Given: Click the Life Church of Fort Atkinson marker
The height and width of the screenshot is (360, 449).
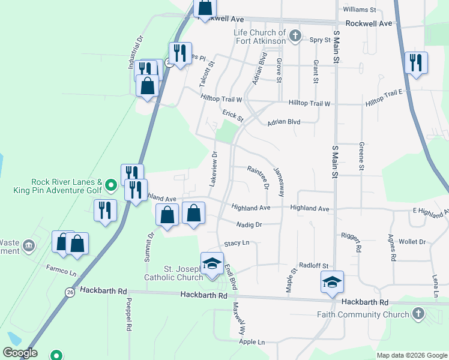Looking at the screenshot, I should (294, 36).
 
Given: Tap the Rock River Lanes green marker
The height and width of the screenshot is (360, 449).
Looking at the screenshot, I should (110, 184).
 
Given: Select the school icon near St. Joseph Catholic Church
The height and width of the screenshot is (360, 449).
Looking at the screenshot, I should (212, 264).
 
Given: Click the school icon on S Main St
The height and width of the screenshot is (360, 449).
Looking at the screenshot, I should (332, 282).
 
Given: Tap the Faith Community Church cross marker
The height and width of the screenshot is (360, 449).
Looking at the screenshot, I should (418, 314).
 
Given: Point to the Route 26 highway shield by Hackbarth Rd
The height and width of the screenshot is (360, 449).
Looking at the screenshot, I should (70, 292).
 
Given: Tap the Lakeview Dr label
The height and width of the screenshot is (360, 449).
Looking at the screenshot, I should (214, 169).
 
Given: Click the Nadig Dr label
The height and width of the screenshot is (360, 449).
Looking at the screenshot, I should (250, 225).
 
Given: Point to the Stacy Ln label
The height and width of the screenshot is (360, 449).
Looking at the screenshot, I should (237, 243).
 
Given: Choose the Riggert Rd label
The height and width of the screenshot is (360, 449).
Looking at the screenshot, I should (358, 240).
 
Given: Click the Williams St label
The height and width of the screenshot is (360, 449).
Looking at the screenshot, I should (359, 10).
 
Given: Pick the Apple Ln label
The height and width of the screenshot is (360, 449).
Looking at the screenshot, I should (252, 342).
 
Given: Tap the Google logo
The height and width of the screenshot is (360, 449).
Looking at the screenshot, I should (19, 353).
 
